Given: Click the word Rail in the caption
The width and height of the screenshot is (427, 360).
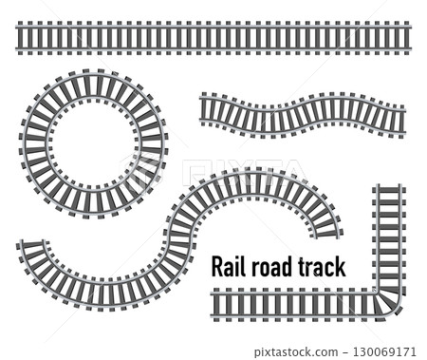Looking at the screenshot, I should coord(229,267).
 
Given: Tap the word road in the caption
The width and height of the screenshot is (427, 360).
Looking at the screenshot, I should coord(271,267).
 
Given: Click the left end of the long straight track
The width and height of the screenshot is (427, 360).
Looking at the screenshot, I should coord(19,39).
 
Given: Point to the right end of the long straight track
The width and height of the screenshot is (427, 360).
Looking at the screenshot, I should coord(407,39).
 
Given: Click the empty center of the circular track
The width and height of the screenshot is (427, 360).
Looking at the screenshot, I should coord(93,143).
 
